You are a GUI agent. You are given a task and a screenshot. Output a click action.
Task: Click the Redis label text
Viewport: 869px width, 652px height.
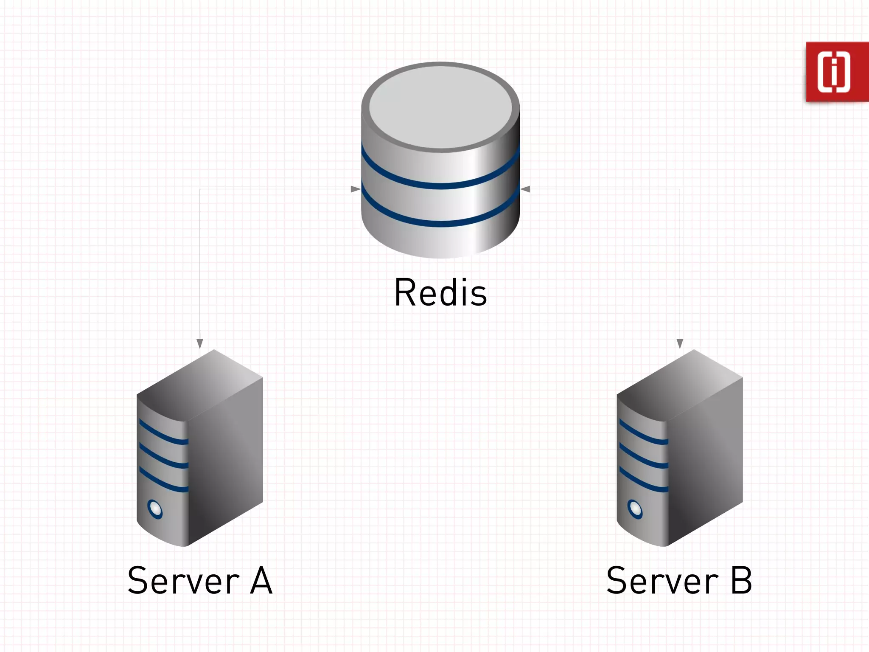[440, 292]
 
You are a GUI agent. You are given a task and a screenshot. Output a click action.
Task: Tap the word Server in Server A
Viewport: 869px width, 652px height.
[183, 581]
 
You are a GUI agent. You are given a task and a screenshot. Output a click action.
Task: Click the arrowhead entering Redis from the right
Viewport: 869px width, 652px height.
[525, 189]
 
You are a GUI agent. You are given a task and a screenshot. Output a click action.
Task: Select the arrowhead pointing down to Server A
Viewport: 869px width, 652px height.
[200, 343]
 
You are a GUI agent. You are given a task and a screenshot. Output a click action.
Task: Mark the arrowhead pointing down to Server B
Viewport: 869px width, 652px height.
[680, 343]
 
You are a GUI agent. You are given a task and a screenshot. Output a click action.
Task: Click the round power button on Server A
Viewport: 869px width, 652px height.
[154, 509]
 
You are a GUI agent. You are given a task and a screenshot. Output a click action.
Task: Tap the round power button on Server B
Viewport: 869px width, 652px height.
[635, 509]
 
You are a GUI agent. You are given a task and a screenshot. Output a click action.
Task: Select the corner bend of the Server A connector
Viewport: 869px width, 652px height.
[200, 189]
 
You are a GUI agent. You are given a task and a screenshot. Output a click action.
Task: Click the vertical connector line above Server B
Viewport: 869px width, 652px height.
[680, 263]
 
